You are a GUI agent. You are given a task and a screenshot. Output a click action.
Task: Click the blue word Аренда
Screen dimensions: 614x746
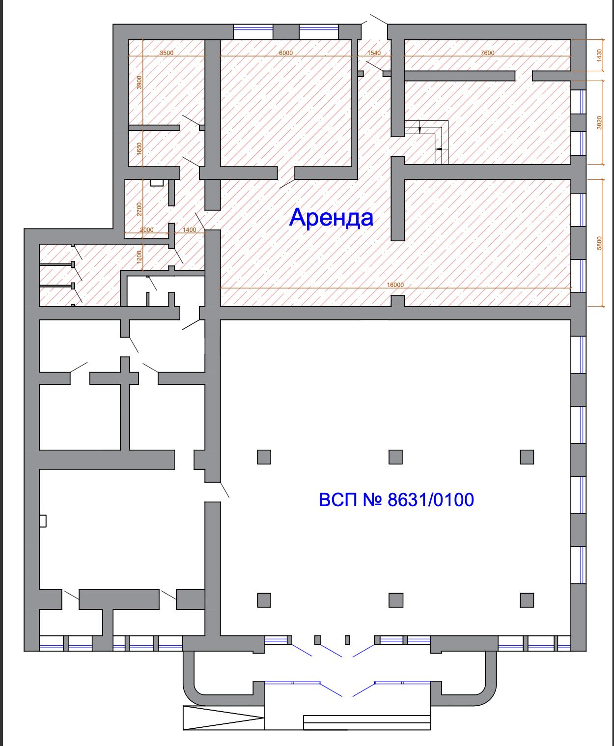(x=331, y=218)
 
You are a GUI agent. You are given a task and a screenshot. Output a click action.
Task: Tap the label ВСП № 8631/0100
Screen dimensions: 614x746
(x=396, y=499)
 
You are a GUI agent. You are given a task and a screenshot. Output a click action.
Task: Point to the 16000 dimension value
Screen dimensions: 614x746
(x=395, y=285)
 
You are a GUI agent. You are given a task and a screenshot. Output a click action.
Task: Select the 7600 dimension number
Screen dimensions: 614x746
(x=487, y=53)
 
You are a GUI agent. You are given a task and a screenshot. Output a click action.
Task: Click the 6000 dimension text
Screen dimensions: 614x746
(x=286, y=53)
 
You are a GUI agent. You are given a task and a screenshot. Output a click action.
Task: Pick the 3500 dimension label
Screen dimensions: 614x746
(x=167, y=53)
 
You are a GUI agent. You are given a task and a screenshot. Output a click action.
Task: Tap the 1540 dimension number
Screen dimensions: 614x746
(x=374, y=53)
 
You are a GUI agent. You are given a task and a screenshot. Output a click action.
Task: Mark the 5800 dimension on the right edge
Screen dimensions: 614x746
(x=599, y=243)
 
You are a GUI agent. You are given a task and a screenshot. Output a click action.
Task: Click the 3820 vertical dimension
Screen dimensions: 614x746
(x=599, y=122)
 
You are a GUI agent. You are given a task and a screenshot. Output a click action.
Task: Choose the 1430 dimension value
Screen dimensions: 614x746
(x=599, y=55)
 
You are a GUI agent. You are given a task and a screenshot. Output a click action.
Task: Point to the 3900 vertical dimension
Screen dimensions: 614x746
(x=140, y=82)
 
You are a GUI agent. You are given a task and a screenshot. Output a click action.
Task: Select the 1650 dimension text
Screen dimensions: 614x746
(x=140, y=148)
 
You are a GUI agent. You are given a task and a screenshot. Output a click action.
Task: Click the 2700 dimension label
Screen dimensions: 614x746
(x=140, y=209)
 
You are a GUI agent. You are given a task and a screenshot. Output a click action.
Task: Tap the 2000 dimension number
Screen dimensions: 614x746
(x=146, y=230)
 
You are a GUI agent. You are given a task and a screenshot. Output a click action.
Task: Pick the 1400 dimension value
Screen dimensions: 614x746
(x=189, y=230)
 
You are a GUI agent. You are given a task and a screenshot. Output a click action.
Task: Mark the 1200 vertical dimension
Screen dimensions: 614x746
(x=140, y=257)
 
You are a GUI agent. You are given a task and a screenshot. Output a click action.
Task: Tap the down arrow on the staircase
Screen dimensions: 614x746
(x=420, y=127)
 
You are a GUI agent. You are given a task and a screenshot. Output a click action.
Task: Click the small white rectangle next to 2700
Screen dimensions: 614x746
(x=157, y=183)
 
